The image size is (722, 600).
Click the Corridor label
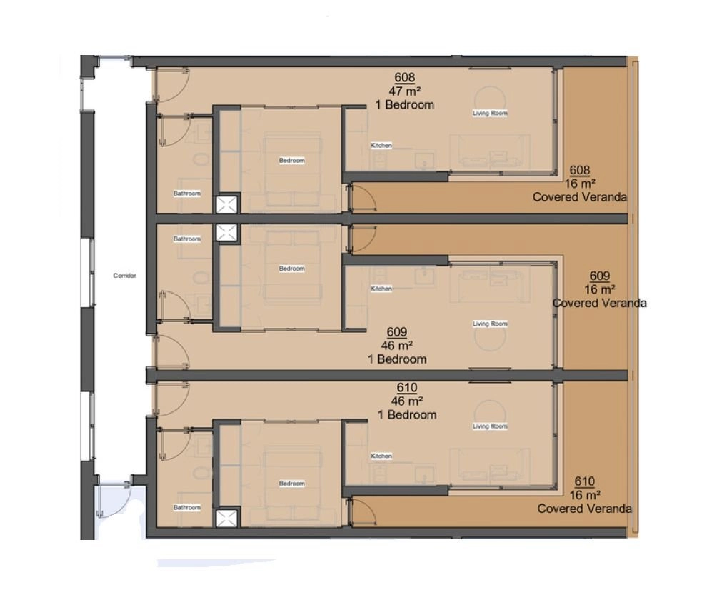point(124,276)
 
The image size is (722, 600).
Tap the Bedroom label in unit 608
point(291,160)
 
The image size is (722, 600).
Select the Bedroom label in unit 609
point(291,269)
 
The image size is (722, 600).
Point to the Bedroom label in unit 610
point(291,484)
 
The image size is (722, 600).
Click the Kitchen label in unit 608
point(381,145)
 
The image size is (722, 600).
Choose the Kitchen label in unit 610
point(381,456)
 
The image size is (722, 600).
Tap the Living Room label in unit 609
point(490,324)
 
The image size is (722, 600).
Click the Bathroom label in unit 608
point(186,194)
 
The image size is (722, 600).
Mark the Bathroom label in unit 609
point(186,239)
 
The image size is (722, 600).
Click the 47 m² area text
point(405,91)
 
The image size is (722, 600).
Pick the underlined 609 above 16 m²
point(599,276)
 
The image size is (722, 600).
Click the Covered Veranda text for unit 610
point(584,509)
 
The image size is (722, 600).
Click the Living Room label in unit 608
point(490,113)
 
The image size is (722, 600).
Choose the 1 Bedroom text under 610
point(407,415)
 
